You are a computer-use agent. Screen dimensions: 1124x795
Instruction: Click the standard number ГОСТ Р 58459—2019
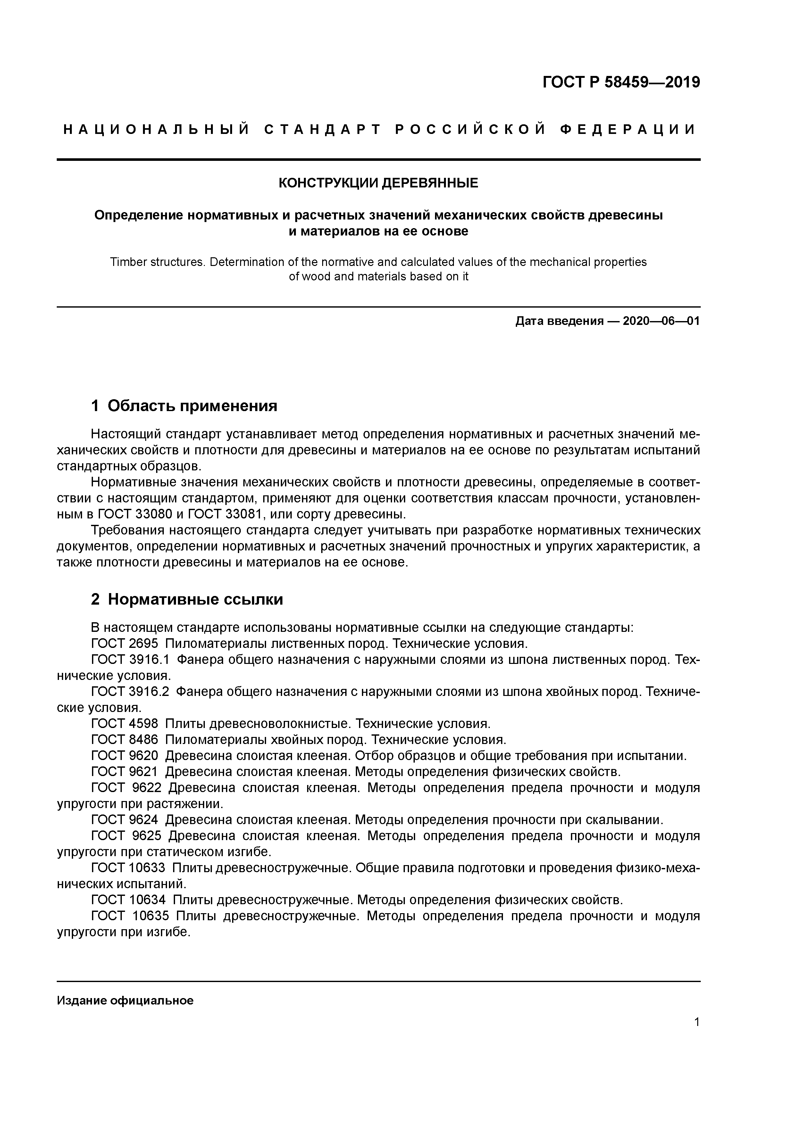[x=621, y=82]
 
